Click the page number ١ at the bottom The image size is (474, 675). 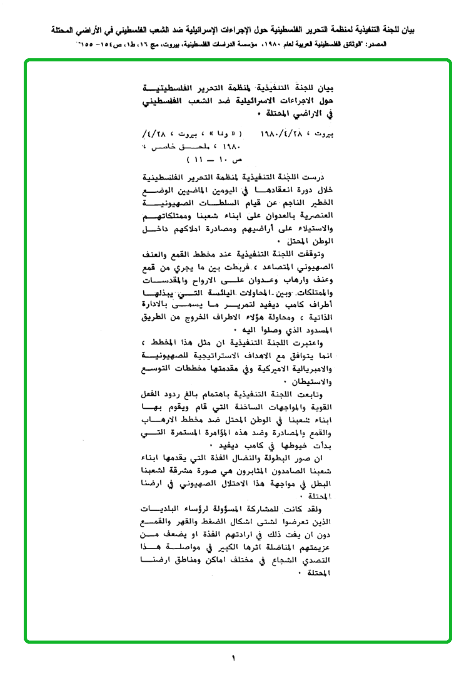pos(233,658)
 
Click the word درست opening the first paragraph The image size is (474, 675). pos(326,178)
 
